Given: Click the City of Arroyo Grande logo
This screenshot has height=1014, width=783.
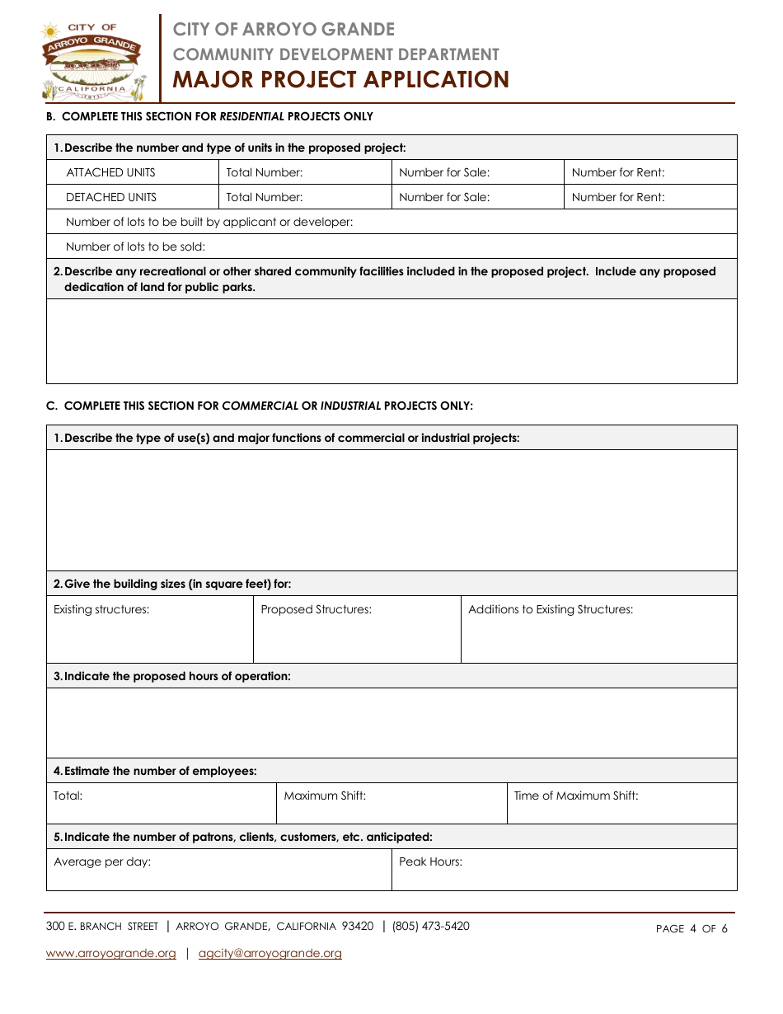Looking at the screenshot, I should click(x=92, y=60).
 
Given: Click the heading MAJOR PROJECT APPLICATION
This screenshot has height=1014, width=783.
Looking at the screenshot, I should click(x=340, y=80).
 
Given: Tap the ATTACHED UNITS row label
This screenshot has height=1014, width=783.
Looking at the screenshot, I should click(x=110, y=172).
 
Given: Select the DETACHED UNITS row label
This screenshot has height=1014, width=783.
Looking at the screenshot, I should click(x=111, y=197).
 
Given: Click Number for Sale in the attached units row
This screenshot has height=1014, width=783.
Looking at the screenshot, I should click(x=444, y=172).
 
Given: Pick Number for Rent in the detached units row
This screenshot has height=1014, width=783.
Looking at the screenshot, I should click(x=618, y=197).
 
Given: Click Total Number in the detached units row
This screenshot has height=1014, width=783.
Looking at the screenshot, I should click(x=265, y=197).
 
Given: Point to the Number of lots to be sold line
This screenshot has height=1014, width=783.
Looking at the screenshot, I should click(x=135, y=246).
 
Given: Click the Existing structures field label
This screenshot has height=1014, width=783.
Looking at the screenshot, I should click(x=101, y=609).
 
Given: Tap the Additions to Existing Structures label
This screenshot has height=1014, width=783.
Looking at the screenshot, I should click(x=551, y=609).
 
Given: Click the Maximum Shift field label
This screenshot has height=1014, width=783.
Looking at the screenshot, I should click(x=325, y=796).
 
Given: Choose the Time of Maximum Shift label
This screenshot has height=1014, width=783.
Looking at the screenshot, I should click(x=576, y=796).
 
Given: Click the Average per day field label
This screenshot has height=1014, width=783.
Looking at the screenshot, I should click(x=102, y=861).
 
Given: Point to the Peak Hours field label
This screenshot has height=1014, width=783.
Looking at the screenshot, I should click(x=430, y=861).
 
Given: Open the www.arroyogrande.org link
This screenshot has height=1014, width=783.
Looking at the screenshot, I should click(x=111, y=953).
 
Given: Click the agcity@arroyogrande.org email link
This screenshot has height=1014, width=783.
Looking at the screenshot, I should click(x=270, y=953).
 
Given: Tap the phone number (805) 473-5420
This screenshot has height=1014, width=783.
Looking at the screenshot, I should click(x=431, y=926).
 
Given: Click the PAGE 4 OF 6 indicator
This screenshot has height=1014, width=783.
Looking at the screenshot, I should click(x=692, y=928).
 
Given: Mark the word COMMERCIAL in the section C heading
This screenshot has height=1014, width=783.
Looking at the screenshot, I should click(x=260, y=406).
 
